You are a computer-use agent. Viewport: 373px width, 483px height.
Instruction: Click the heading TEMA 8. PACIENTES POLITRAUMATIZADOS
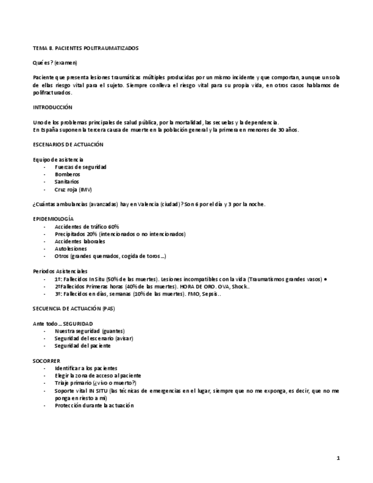point(85,48)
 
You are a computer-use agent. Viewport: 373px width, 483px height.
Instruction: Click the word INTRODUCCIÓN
point(52,107)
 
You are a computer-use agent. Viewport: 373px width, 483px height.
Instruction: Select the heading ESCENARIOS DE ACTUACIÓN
point(68,145)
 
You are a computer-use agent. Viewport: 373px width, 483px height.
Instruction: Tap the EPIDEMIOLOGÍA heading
point(54,219)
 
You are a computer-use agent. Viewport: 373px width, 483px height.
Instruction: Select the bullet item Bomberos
point(67,174)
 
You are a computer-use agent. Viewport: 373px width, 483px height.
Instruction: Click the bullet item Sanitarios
point(67,182)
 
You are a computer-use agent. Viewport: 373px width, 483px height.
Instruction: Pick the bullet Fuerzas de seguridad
point(80,167)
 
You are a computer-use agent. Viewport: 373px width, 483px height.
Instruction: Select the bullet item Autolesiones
point(71,249)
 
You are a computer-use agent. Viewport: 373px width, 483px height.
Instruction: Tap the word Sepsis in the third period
point(210,294)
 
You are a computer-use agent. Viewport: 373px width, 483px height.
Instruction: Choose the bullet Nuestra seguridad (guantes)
point(89,331)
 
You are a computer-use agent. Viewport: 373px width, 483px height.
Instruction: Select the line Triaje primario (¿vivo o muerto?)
point(95,383)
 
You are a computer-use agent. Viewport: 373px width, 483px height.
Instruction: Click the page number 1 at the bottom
point(338,458)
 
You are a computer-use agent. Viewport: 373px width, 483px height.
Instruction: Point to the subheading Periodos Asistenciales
point(60,271)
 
